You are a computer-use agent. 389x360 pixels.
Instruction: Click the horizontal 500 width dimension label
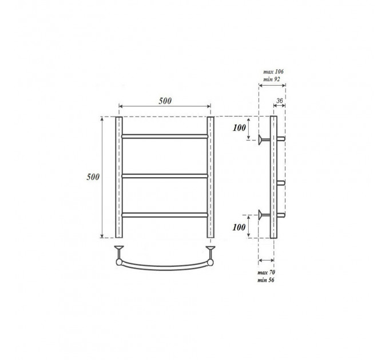click(165, 101)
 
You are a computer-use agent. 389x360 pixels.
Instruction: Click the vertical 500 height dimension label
click(93, 177)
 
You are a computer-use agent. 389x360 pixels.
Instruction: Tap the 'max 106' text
click(273, 71)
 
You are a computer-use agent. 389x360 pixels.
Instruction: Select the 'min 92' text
click(271, 79)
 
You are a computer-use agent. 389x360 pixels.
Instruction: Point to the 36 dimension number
click(279, 101)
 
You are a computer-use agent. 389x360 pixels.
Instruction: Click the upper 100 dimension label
click(239, 128)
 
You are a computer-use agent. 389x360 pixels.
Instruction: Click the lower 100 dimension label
click(239, 227)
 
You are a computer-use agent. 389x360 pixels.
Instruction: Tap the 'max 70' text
click(266, 273)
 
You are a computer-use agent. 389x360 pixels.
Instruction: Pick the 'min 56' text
click(266, 280)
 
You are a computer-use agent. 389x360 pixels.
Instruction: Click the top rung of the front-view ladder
click(165, 136)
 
